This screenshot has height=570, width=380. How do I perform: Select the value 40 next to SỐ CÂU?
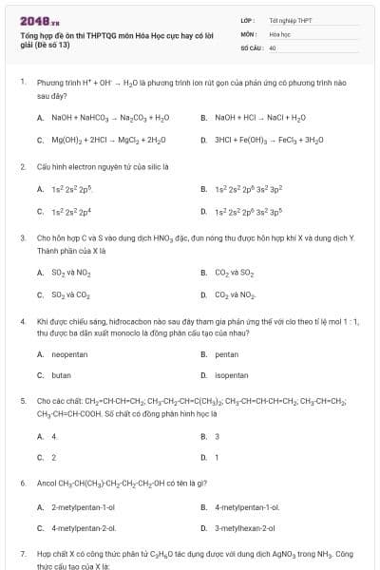tap(273, 47)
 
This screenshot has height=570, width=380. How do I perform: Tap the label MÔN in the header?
tap(248, 33)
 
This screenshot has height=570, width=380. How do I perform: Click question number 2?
tap(22, 166)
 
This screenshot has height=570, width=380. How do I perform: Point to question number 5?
tap(22, 402)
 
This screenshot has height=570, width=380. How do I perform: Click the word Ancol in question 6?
tap(47, 484)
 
